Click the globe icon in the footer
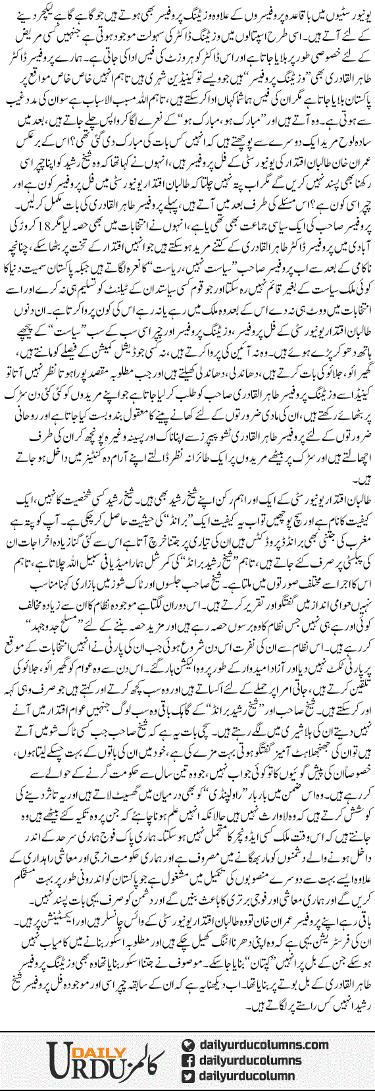pyautogui.click(x=188, y=1026)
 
